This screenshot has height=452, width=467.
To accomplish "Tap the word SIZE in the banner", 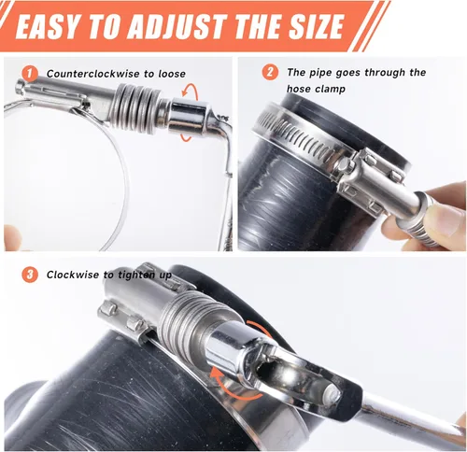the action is (317, 26).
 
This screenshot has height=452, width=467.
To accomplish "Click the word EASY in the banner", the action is (47, 26).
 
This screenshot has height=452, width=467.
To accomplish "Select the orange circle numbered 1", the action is (30, 74).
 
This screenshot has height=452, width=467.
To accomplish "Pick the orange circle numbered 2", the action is (270, 72).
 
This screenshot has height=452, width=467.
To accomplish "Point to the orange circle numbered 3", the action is (30, 275).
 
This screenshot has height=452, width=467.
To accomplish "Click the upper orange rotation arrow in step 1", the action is (190, 92).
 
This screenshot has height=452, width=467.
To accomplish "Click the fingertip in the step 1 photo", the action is (12, 237).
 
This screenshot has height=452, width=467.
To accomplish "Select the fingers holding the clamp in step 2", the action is (436, 217).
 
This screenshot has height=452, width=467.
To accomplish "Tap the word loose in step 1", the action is (172, 74).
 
